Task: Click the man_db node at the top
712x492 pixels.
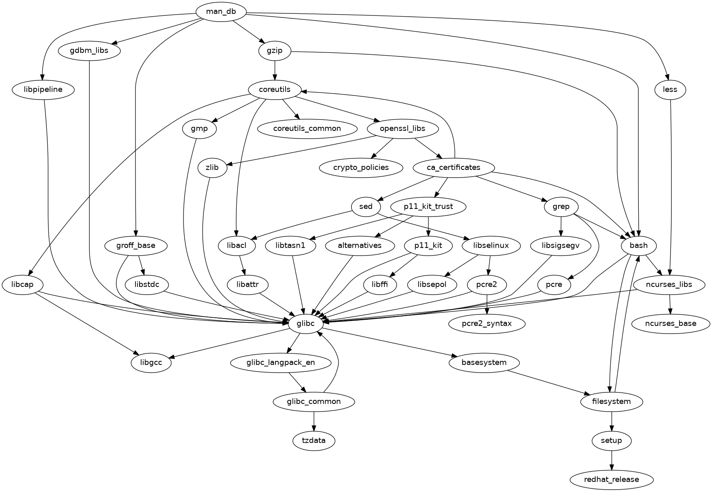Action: (x=221, y=11)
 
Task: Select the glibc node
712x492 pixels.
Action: (x=306, y=324)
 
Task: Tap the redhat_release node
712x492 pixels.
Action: (x=612, y=479)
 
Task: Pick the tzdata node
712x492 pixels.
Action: (x=314, y=440)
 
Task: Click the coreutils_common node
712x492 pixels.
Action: (x=307, y=129)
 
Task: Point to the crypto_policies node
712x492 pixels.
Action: (x=361, y=167)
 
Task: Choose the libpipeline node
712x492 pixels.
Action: (x=43, y=89)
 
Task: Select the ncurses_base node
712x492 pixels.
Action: (x=671, y=324)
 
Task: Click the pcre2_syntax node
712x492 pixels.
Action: (x=487, y=324)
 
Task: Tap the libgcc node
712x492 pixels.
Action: (x=151, y=362)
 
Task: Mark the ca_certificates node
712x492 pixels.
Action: (x=454, y=167)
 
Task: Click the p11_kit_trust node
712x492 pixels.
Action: (x=428, y=206)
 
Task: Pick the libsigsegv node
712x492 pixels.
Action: (x=561, y=245)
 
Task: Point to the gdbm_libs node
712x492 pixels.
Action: (x=90, y=51)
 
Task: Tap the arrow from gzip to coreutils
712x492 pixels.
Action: (x=275, y=70)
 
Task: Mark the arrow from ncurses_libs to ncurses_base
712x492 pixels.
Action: (x=670, y=304)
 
